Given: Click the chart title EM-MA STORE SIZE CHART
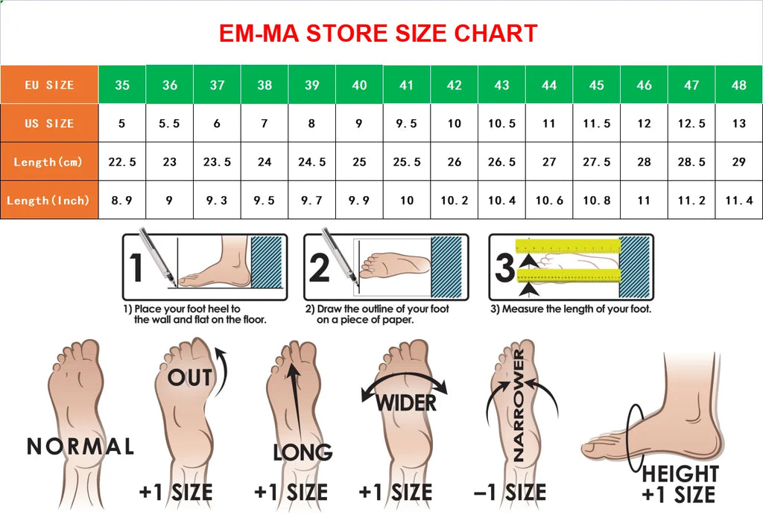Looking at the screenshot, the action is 378,34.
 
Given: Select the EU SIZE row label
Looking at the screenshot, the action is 49,85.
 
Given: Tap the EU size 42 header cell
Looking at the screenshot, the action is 454,85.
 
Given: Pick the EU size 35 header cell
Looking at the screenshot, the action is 122,85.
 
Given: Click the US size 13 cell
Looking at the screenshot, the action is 738,123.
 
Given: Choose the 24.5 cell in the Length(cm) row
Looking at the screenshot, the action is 312,162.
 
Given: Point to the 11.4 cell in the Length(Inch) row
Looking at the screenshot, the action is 738,200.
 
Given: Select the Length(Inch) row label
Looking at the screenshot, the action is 49,200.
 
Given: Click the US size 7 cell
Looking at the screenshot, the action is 265,123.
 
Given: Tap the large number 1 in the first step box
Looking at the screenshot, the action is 136,268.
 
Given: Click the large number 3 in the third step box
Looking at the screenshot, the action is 504,268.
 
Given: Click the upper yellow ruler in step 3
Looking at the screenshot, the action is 568,246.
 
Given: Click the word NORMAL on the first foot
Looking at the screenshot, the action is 80,446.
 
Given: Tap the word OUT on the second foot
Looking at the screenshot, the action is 190,378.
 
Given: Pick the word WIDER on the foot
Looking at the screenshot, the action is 406,403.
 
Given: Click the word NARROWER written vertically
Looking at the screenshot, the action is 519,405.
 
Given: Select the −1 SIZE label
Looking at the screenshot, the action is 510,492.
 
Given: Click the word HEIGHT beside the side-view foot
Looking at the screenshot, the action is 680,473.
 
